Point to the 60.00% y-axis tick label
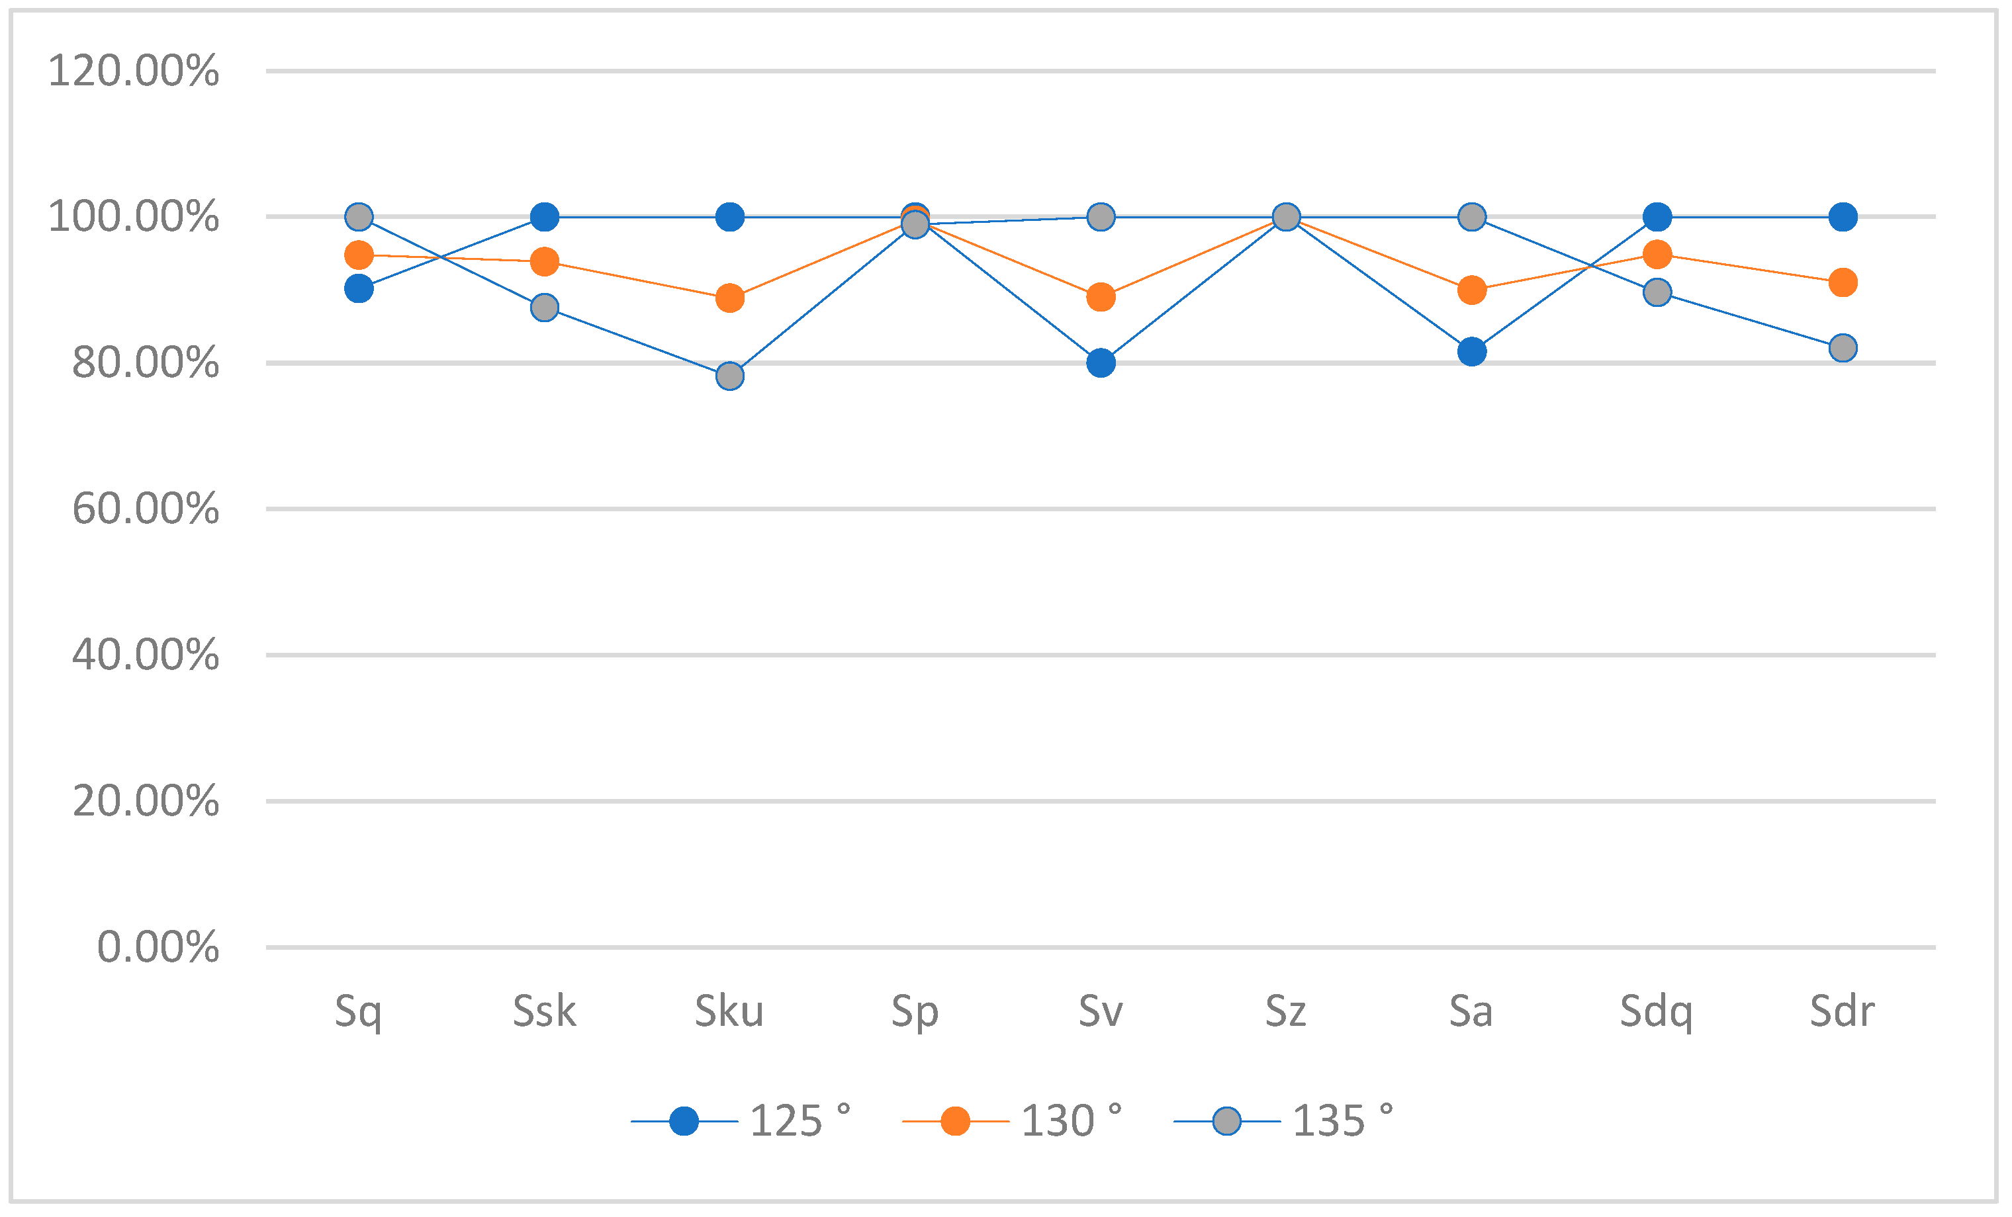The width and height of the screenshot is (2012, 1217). pyautogui.click(x=146, y=509)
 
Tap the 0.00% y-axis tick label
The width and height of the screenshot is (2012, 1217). pyautogui.click(x=158, y=948)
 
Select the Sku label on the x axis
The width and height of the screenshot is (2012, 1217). pyautogui.click(x=729, y=1011)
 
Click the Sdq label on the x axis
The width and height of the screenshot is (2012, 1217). pyautogui.click(x=1656, y=1012)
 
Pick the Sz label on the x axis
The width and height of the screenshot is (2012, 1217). pyautogui.click(x=1286, y=1011)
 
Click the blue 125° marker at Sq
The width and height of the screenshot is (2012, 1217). pyautogui.click(x=359, y=288)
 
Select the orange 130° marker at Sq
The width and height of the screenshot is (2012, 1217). pyautogui.click(x=359, y=255)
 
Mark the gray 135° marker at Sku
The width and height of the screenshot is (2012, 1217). pyautogui.click(x=730, y=376)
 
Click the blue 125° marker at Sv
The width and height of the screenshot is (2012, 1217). pyautogui.click(x=1101, y=362)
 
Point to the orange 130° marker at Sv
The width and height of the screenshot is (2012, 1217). pyautogui.click(x=1101, y=297)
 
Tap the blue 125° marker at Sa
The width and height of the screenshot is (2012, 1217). pyautogui.click(x=1471, y=352)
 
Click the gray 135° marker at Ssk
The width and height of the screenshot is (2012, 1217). pyautogui.click(x=545, y=308)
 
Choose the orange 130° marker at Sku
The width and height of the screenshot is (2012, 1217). pyautogui.click(x=730, y=299)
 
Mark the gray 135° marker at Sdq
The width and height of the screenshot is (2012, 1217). pyautogui.click(x=1657, y=292)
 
